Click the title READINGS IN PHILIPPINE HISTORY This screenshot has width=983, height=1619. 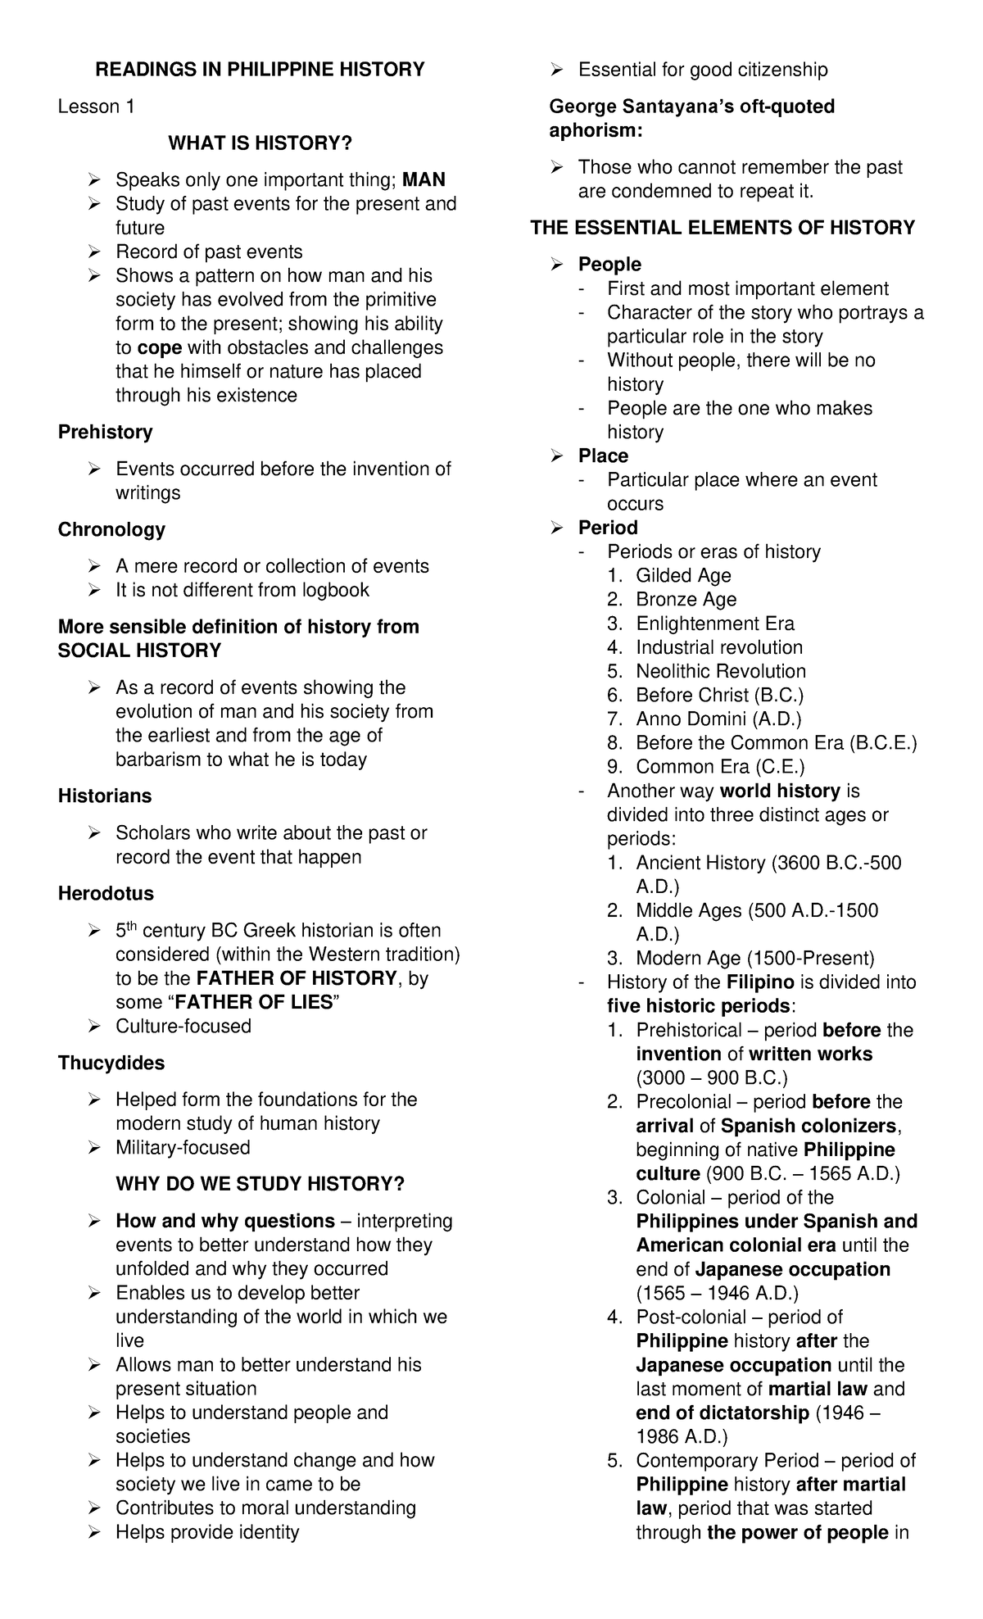(260, 70)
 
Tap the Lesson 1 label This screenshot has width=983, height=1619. (97, 107)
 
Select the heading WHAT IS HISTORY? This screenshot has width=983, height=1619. (260, 143)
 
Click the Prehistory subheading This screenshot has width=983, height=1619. (105, 432)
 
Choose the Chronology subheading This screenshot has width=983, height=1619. (111, 529)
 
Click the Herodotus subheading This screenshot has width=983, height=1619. (106, 893)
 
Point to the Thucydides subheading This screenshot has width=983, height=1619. (111, 1063)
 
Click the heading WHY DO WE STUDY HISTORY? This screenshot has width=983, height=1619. (260, 1184)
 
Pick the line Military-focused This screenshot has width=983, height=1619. (183, 1147)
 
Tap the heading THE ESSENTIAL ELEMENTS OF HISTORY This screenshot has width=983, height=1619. (723, 228)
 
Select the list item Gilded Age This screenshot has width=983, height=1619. (683, 575)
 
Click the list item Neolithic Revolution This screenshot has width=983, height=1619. (721, 671)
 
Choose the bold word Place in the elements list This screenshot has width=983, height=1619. (603, 456)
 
